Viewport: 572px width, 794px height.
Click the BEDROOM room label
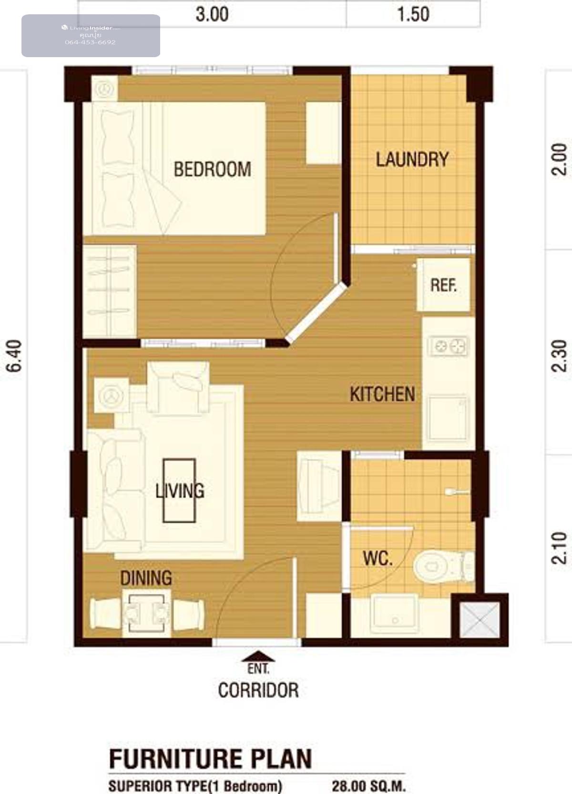pos(212,169)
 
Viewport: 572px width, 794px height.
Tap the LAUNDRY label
pos(412,160)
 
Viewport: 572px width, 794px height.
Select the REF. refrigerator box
pos(444,285)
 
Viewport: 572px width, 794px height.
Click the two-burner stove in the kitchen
pos(449,346)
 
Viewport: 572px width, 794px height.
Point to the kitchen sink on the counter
pos(448,419)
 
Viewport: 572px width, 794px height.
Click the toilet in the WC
pos(444,566)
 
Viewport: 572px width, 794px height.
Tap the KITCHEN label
pos(382,394)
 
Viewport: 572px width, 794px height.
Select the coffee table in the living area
pos(179,491)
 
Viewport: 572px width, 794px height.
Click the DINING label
pos(146,578)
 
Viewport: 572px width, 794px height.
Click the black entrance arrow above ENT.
pos(258,656)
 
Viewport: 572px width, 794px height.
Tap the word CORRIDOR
pos(258,690)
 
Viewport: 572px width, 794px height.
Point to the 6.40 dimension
pos(14,356)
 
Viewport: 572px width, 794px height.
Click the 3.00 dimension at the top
pos(212,15)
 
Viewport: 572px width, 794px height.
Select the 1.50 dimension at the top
pos(413,15)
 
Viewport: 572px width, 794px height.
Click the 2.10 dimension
pos(559,548)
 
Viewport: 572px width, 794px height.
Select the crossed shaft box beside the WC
pos(480,620)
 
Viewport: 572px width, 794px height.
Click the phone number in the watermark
pos(90,42)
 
